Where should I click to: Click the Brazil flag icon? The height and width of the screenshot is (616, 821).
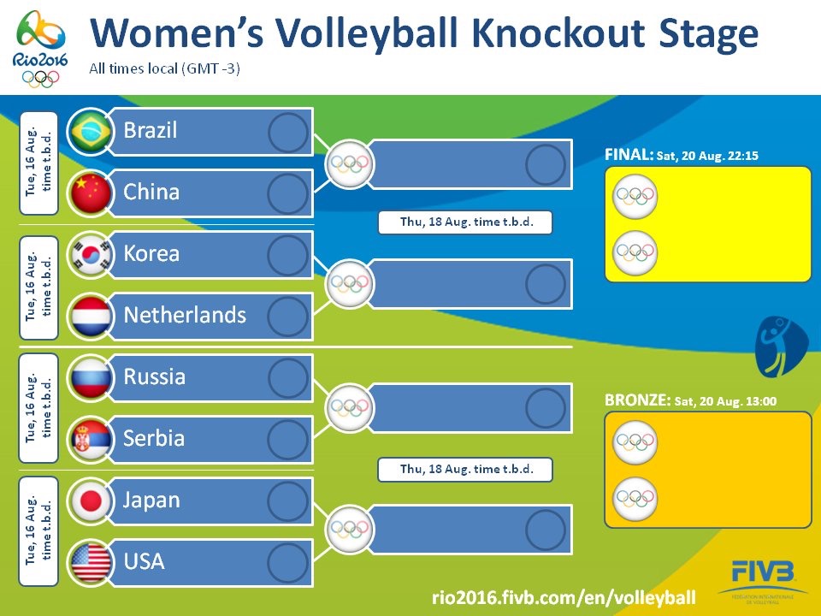89,132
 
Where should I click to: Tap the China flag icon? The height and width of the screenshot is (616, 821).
89,193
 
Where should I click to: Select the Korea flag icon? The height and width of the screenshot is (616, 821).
89,255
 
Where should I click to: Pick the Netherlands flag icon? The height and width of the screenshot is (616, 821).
89,317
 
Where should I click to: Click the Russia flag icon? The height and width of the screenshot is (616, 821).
89,378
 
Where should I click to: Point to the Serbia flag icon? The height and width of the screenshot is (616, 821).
89,440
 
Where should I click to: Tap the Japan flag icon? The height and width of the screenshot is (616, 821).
89,501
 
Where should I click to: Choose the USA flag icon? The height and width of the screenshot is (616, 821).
89,563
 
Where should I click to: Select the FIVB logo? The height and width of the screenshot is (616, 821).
763,575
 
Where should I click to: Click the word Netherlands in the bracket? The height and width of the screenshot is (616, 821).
185,316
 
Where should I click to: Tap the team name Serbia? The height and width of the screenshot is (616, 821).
154,439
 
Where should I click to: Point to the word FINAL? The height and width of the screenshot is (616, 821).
629,156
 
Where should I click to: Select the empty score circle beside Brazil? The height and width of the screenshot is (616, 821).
287,132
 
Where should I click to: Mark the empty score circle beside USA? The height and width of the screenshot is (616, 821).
287,563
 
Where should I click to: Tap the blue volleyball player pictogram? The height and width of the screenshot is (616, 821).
780,346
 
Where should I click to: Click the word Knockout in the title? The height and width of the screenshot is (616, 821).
525,34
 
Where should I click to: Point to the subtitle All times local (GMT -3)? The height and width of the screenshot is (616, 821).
164,68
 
